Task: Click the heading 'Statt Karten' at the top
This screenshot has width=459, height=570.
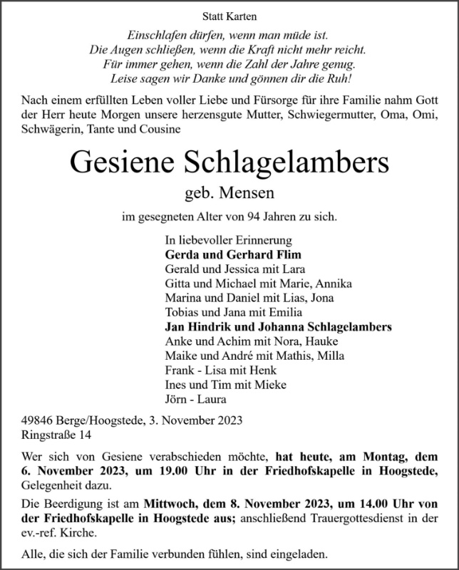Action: pyautogui.click(x=229, y=16)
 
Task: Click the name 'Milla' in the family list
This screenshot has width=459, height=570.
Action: pyautogui.click(x=332, y=356)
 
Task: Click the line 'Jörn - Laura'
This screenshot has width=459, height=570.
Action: pyautogui.click(x=194, y=399)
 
